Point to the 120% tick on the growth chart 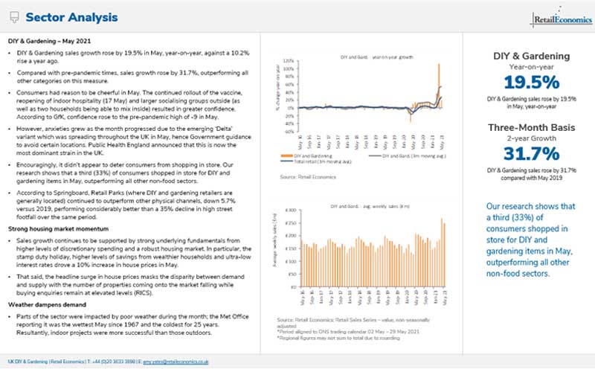click(x=286, y=60)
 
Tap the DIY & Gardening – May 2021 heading click(x=49, y=39)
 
